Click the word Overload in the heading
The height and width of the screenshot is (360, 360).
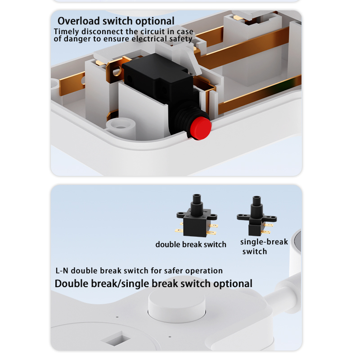pyautogui.click(x=78, y=21)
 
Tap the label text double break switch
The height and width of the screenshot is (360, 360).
pyautogui.click(x=191, y=244)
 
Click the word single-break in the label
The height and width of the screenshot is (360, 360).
pyautogui.click(x=264, y=242)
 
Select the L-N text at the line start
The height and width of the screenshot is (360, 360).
pyautogui.click(x=62, y=271)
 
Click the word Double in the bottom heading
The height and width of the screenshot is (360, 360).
pyautogui.click(x=72, y=284)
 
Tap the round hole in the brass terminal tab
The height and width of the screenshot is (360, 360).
pyautogui.click(x=117, y=71)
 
